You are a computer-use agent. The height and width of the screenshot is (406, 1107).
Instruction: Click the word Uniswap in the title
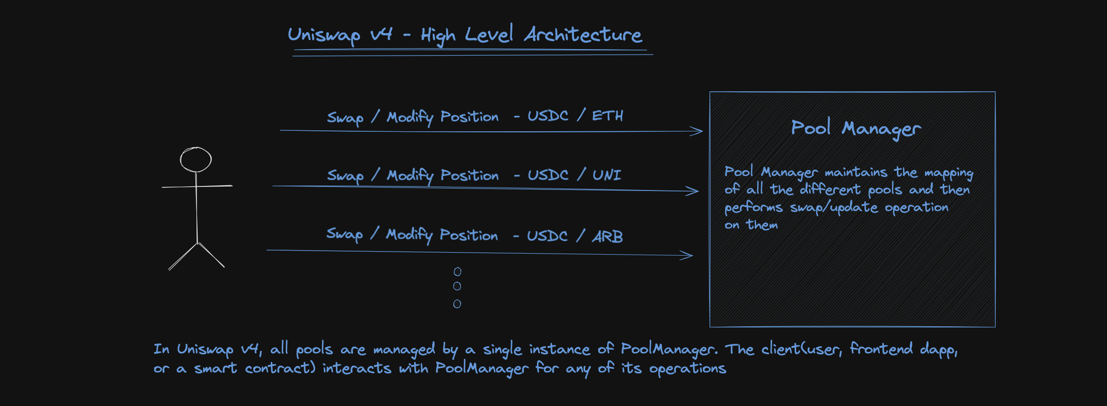pos(324,35)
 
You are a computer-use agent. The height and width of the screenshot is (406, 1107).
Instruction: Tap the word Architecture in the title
pos(583,34)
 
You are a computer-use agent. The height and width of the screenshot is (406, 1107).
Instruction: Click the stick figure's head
pos(196,159)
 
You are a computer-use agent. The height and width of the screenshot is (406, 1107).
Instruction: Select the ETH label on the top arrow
pos(608,116)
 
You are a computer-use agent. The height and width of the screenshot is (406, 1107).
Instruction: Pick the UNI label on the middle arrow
pos(607,175)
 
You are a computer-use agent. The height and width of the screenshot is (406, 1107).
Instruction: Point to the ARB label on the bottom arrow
pos(608,236)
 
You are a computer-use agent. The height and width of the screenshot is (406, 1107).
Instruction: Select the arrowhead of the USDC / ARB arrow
pos(688,256)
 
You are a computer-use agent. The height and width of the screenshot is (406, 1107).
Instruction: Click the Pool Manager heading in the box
pos(856,128)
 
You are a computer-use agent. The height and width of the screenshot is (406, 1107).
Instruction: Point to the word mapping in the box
pos(949,173)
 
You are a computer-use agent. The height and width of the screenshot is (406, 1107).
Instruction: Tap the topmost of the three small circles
pos(457,272)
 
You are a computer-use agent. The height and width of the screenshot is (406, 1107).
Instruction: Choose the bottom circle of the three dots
pos(457,304)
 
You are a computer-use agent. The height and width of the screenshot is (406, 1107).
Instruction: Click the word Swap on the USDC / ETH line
pos(345,118)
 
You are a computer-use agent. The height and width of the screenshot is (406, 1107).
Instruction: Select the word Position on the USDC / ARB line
pos(469,235)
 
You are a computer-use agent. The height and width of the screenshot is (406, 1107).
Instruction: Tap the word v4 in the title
pos(381,34)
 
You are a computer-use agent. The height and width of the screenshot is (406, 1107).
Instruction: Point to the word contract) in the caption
pos(280,368)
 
